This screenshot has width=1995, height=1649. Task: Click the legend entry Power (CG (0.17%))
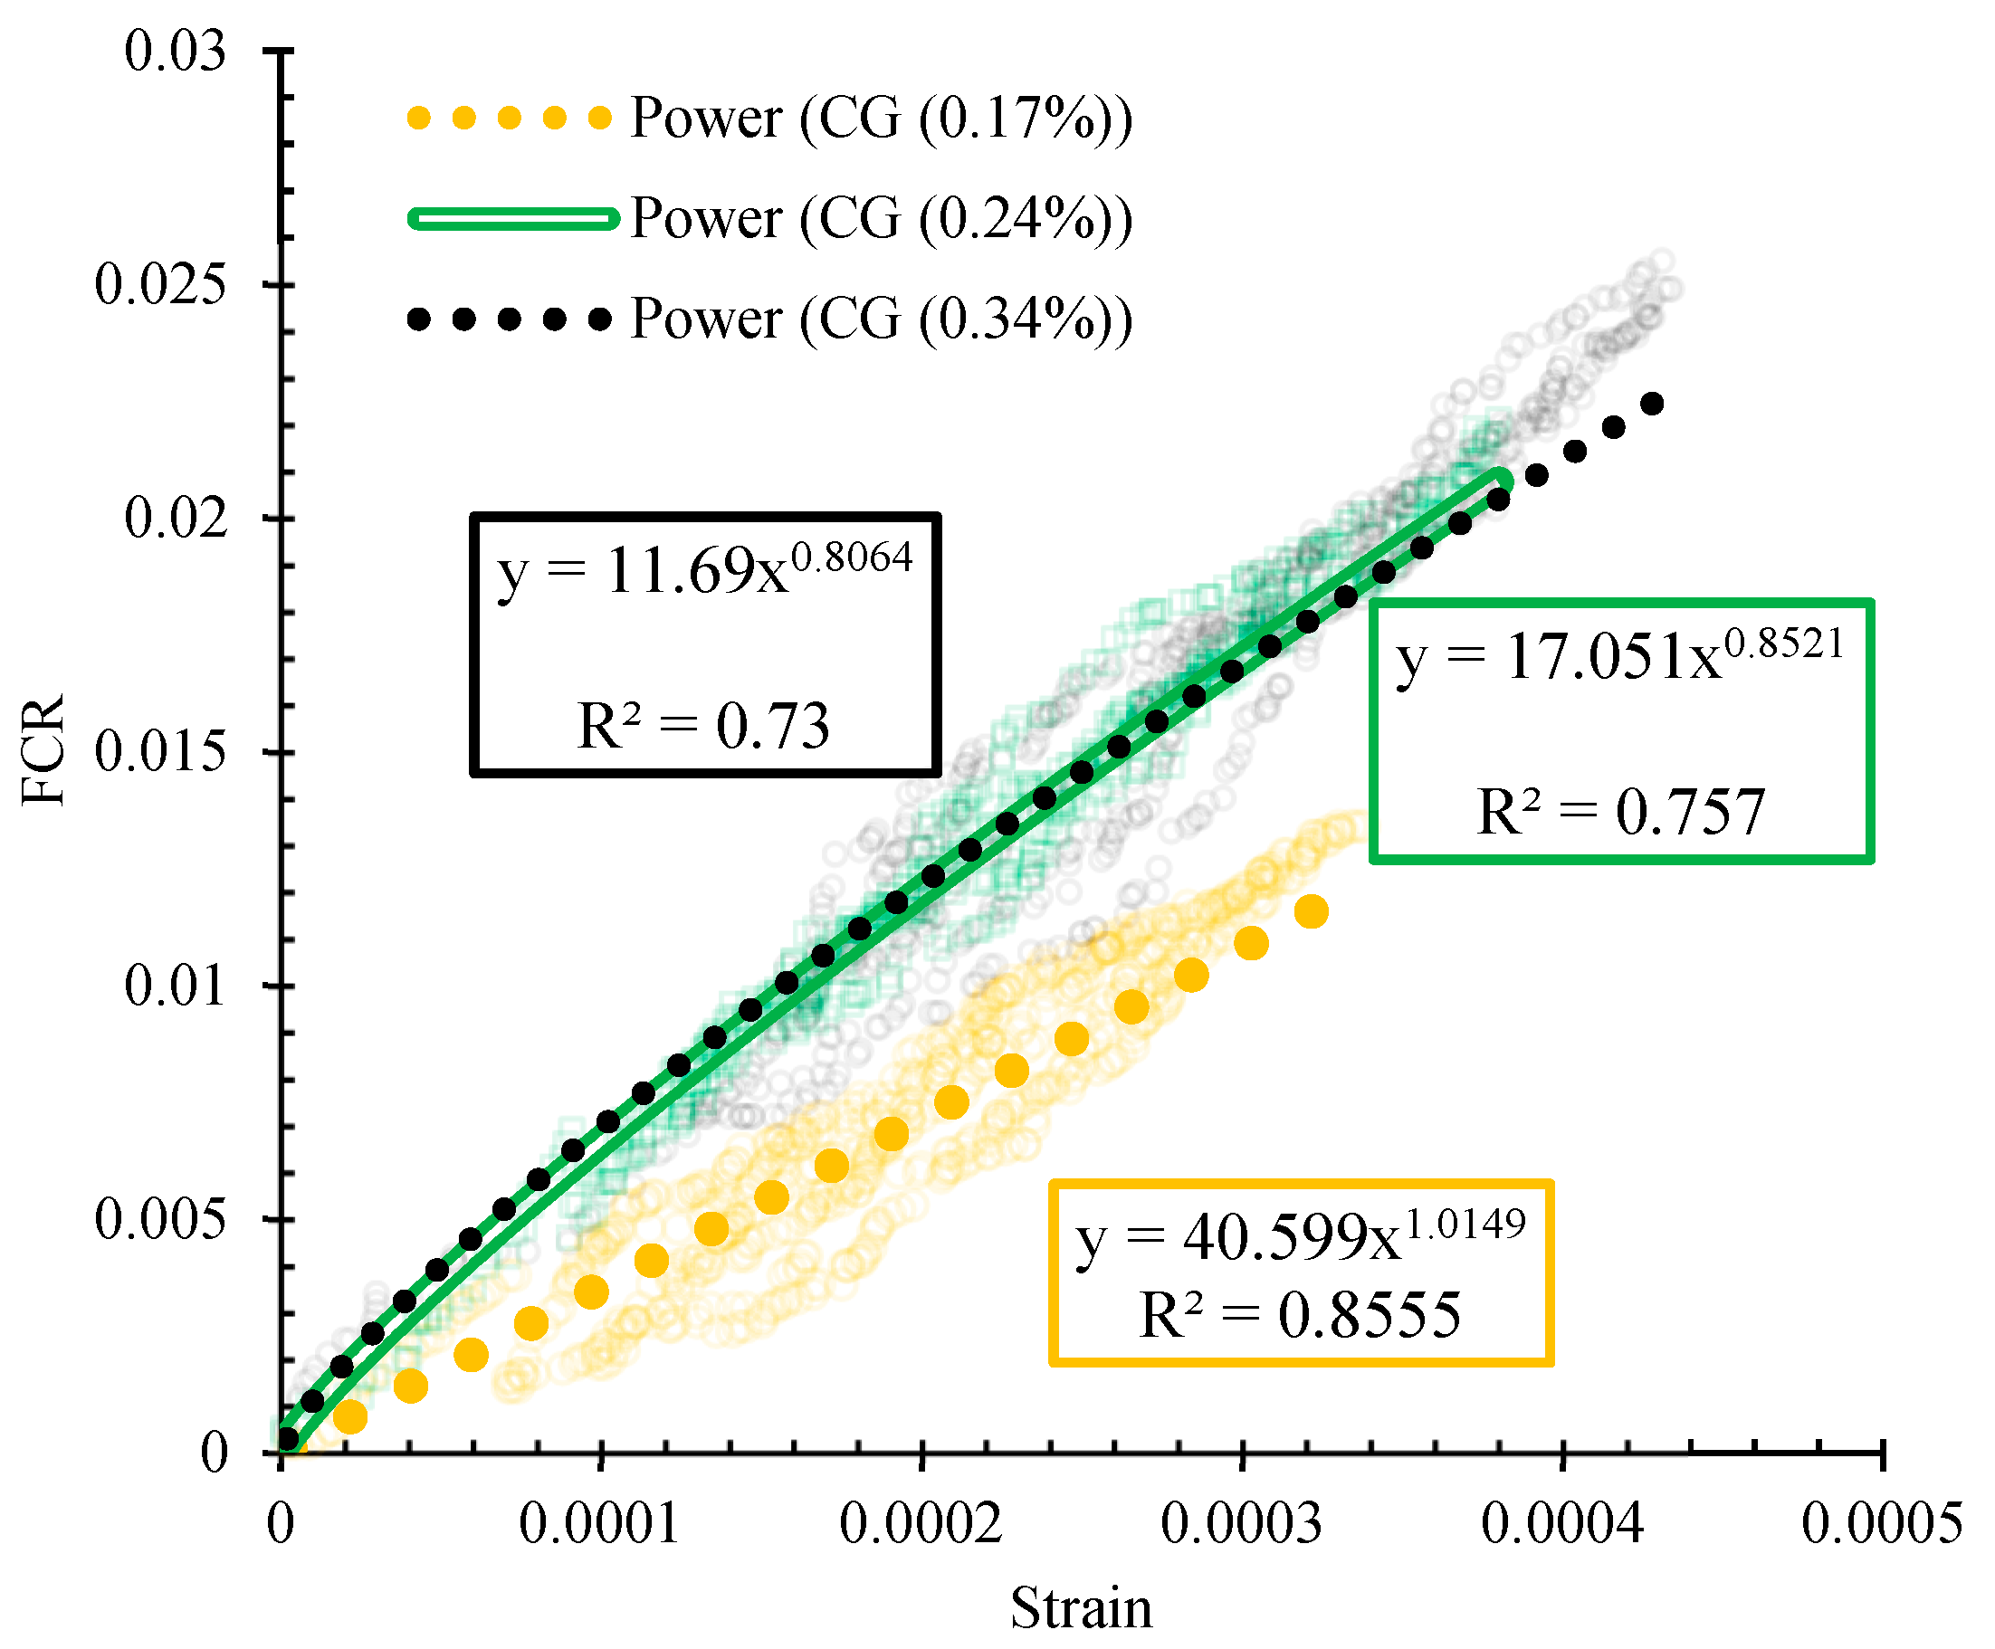click(x=881, y=119)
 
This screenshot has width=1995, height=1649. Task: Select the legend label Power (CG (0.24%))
click(x=881, y=218)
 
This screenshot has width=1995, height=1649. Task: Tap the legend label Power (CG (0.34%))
click(x=881, y=319)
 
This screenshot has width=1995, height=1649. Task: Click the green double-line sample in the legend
click(x=513, y=218)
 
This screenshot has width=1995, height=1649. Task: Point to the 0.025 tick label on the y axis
click(x=160, y=284)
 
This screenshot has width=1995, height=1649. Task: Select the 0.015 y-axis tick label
click(x=160, y=752)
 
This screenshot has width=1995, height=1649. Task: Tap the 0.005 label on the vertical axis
click(x=160, y=1220)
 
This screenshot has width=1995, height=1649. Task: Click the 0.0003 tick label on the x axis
click(x=1241, y=1526)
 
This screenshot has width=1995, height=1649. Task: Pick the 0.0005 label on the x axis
click(x=1881, y=1526)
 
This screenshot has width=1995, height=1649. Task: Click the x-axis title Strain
click(x=1080, y=1608)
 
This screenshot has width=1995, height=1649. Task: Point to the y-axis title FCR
click(x=43, y=750)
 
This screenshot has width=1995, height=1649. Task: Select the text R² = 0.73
click(x=704, y=727)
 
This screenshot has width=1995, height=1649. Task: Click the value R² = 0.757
click(x=1619, y=812)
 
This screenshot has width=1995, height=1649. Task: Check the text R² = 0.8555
click(x=1300, y=1316)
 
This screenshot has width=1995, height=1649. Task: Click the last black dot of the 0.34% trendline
click(x=1652, y=404)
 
